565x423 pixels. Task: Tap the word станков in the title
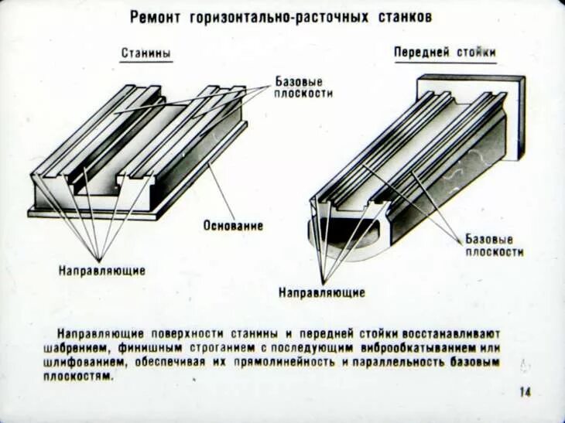402,16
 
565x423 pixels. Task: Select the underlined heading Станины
146,53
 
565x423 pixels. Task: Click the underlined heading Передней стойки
444,52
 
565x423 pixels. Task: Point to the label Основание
233,226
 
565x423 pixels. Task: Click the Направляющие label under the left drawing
101,271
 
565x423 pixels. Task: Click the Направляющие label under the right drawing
321,293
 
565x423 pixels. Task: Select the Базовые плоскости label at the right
494,245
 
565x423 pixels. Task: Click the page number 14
525,392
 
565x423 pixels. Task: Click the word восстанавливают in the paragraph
440,333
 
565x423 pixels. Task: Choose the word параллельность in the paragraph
397,361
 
